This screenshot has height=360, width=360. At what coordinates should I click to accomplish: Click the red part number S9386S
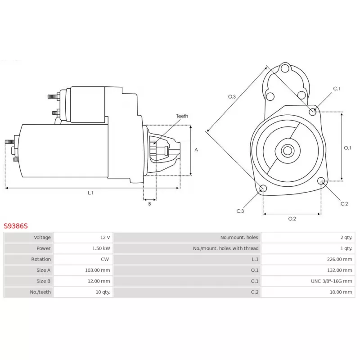(16, 226)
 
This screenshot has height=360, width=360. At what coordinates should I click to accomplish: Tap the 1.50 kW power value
(101, 248)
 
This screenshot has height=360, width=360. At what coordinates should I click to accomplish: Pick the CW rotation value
(105, 259)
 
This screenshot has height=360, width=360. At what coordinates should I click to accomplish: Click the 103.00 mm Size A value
(98, 270)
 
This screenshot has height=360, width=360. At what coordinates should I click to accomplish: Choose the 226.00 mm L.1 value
(340, 259)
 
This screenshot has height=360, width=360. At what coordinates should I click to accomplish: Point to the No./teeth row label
(40, 292)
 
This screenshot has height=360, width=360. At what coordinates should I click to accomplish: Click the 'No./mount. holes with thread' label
(226, 248)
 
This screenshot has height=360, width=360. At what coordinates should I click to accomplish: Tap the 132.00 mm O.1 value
(340, 270)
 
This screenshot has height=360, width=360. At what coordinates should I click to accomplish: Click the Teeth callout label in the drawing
(182, 116)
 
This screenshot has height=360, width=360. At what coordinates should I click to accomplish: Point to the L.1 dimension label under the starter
(90, 193)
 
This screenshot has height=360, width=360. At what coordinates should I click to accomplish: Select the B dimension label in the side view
(150, 204)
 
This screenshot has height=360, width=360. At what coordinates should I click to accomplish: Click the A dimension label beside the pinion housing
(196, 150)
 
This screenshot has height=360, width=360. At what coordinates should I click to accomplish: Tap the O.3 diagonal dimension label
(232, 97)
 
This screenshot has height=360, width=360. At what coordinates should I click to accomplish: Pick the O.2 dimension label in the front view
(292, 219)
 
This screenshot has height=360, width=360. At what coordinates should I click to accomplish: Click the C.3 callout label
(240, 211)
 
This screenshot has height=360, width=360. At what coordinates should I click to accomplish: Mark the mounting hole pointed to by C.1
(312, 112)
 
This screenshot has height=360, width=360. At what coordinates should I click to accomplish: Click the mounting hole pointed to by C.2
(321, 181)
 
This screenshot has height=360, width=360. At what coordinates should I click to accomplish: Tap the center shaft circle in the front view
(288, 151)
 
